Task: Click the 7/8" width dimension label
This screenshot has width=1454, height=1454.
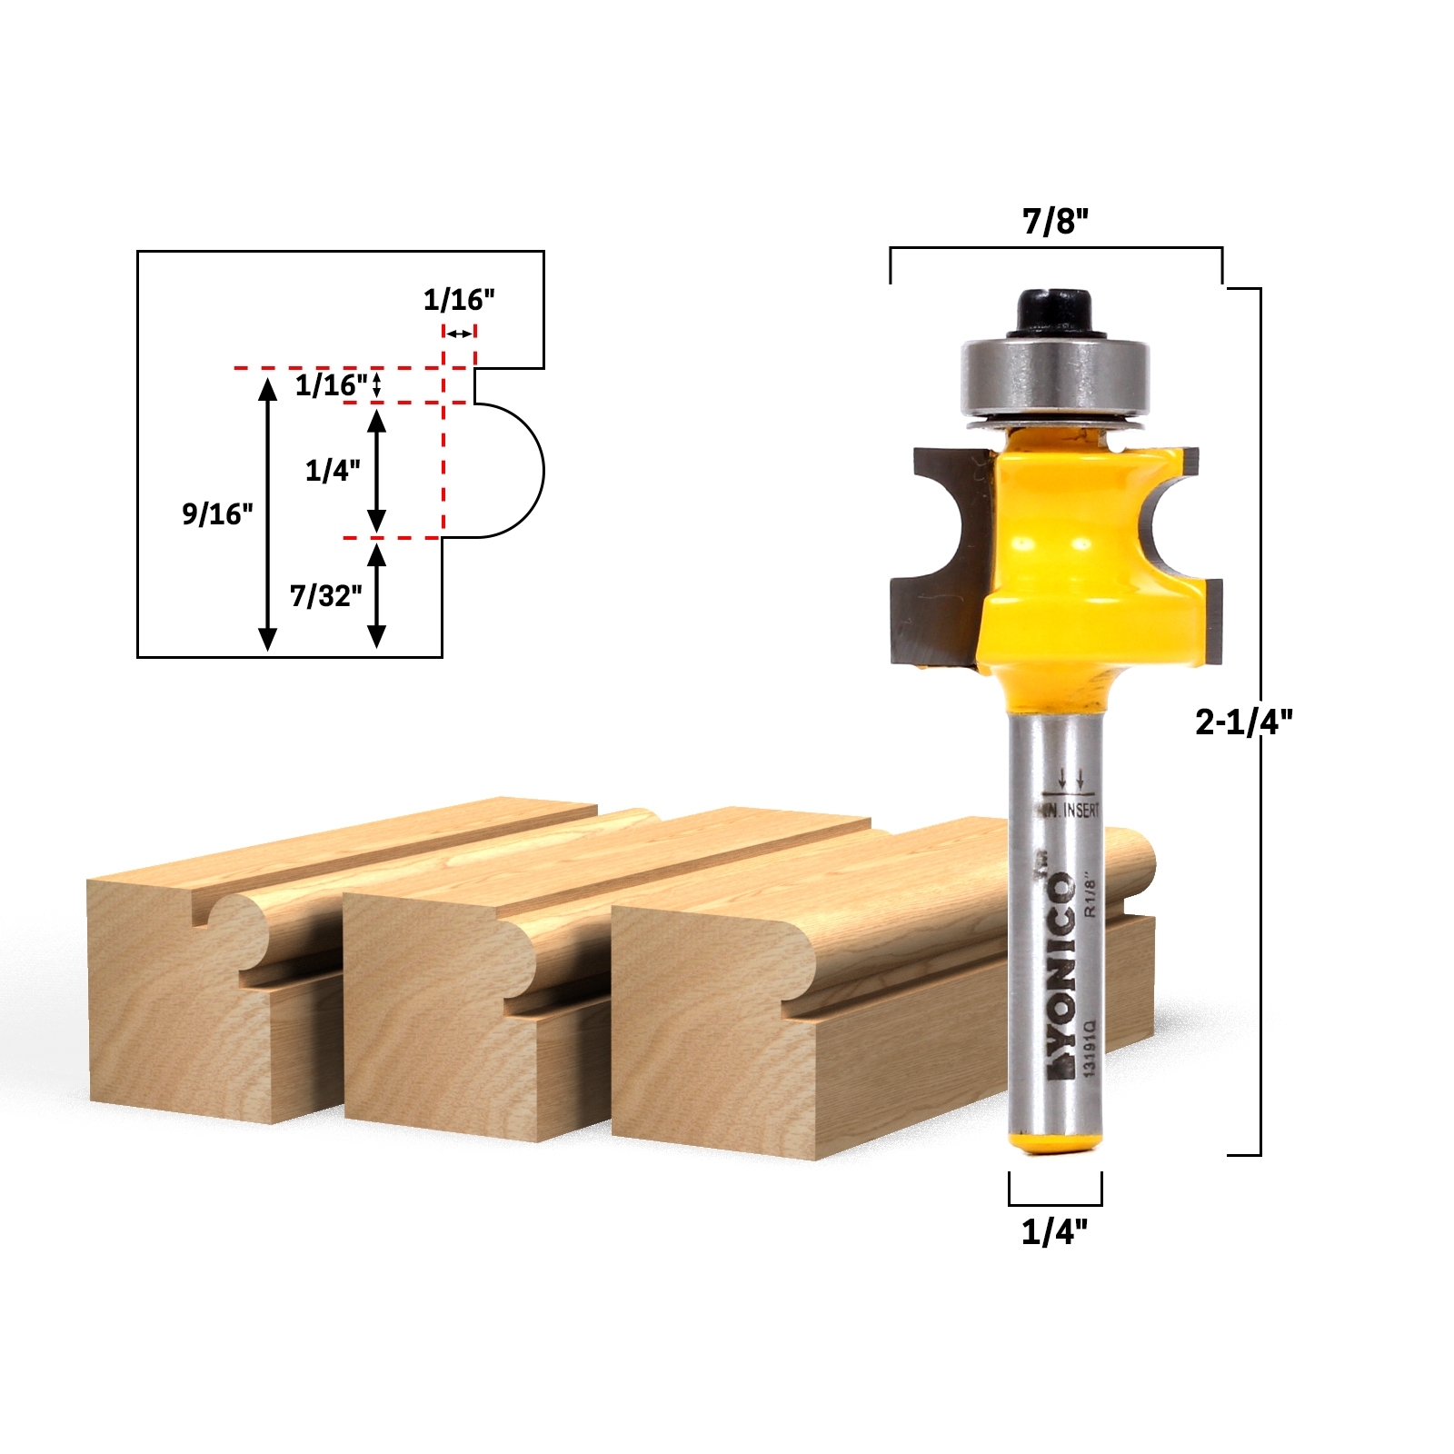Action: tap(1055, 221)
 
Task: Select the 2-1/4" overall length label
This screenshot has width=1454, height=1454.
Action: tap(1243, 722)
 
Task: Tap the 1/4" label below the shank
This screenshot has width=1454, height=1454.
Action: tap(1054, 1233)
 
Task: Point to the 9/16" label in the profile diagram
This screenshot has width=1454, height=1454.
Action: tap(217, 514)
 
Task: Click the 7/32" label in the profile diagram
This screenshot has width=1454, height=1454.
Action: tap(325, 596)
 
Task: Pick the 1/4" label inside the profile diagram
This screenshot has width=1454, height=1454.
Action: tap(332, 471)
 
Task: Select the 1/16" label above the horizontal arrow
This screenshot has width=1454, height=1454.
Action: tap(459, 300)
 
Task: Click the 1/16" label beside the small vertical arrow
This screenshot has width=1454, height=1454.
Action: tap(330, 385)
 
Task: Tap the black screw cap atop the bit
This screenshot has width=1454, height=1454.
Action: tap(1054, 312)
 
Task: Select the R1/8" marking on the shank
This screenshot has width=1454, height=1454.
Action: tap(1091, 895)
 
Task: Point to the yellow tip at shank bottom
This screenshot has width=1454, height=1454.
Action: tap(1055, 1141)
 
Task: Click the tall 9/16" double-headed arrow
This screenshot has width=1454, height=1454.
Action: tap(267, 514)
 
